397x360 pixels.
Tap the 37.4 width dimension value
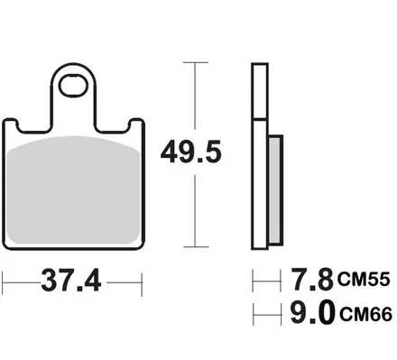(73, 282)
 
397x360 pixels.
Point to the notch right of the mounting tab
(111, 125)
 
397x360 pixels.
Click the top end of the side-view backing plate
(258, 64)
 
